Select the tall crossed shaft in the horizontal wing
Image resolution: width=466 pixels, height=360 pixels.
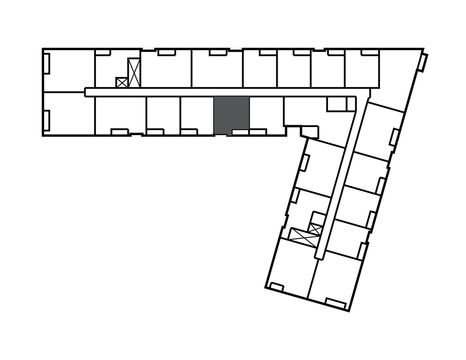point(134,73)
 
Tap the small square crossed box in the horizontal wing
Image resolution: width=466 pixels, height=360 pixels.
point(122,82)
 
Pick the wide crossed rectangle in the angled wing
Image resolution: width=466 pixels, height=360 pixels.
point(300,234)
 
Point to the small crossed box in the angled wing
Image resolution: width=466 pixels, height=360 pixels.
point(314,228)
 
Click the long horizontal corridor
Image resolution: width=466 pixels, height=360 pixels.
point(218,92)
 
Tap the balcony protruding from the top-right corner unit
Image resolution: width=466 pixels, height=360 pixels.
point(424,63)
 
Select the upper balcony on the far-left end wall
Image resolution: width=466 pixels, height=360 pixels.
point(46,63)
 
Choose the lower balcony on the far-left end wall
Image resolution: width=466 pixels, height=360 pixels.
point(46,119)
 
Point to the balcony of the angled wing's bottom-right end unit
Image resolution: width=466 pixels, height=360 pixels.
point(336,303)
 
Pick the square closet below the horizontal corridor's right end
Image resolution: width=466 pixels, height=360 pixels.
point(336,104)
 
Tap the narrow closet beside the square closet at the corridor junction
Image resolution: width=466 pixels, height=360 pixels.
point(351,104)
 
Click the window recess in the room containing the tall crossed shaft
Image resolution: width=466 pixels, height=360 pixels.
point(102,53)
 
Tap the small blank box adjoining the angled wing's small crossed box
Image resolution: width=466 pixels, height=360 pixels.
point(316,217)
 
